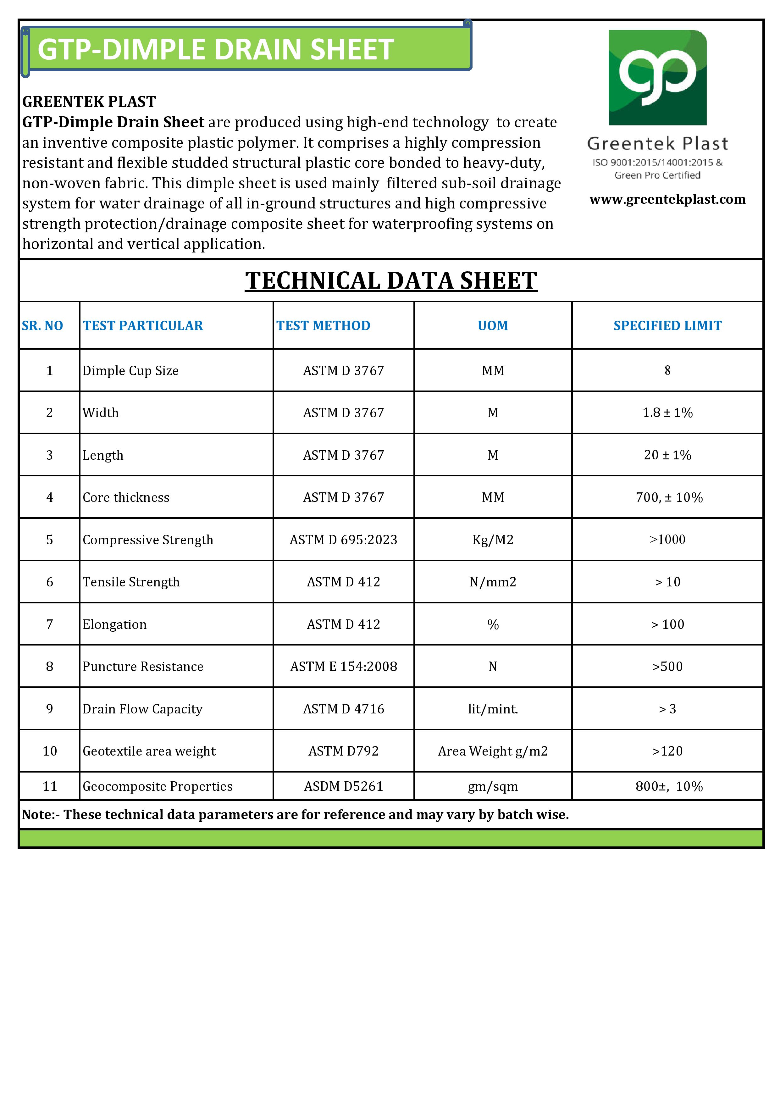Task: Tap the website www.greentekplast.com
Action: (x=667, y=199)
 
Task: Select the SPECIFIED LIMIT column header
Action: (x=667, y=326)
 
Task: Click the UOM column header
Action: (x=493, y=326)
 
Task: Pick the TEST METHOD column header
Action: (x=323, y=326)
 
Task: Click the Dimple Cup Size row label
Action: (x=131, y=371)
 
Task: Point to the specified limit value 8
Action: (x=667, y=370)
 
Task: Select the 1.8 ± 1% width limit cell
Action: (x=667, y=413)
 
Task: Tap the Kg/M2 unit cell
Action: (x=493, y=540)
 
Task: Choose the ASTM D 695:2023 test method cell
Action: (x=343, y=540)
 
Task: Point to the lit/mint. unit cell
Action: (x=493, y=709)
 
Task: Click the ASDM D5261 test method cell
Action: (x=343, y=786)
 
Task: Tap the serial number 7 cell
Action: (x=49, y=624)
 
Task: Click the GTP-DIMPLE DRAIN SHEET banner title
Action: (x=216, y=49)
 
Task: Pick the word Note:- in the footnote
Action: (x=41, y=815)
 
